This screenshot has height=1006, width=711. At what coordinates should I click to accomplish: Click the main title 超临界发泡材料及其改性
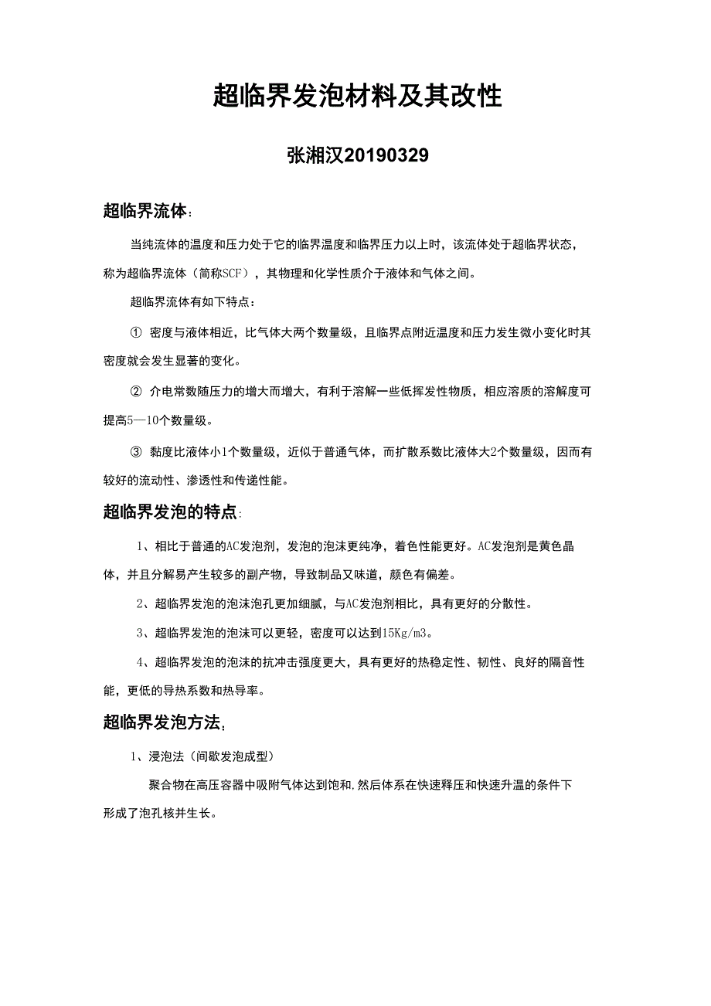(x=357, y=97)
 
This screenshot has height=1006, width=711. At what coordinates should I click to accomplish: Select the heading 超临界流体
(x=145, y=210)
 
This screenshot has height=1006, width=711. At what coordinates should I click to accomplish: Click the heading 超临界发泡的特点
(x=170, y=511)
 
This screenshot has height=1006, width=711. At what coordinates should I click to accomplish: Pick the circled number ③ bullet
(x=137, y=452)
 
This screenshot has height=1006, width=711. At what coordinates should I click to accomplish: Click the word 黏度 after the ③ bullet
(x=162, y=452)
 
